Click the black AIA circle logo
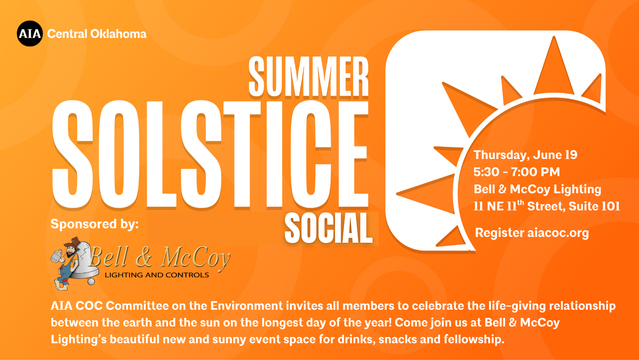[x=30, y=34]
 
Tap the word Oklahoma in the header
[x=118, y=34]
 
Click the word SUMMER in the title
[x=309, y=76]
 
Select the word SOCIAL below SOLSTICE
[x=328, y=228]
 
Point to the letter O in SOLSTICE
[x=120, y=154]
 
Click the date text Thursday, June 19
[x=526, y=155]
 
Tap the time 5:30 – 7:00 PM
[x=517, y=172]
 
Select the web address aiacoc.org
[x=558, y=233]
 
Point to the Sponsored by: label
[x=94, y=224]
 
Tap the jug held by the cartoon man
[x=57, y=256]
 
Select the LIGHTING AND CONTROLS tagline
[x=157, y=275]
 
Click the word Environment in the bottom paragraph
[x=247, y=306]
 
